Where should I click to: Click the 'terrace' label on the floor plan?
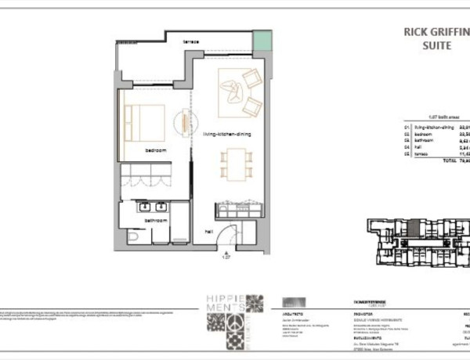click(x=190, y=41)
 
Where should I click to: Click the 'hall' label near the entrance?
click(x=209, y=232)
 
